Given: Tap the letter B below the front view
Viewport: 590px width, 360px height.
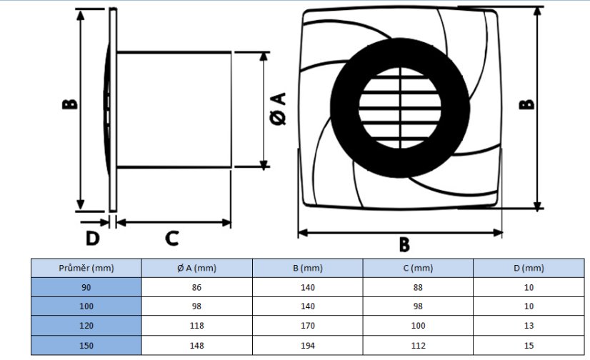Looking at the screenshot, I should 404,245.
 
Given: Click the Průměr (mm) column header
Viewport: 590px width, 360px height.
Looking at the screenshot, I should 86,268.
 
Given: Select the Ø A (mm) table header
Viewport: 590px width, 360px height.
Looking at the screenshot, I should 196,268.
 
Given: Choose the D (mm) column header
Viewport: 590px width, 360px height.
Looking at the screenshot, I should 528,268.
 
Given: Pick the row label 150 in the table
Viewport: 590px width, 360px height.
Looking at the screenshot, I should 86,346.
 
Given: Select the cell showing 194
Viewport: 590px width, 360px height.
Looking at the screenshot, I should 308,346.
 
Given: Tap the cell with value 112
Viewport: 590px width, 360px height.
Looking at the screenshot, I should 418,346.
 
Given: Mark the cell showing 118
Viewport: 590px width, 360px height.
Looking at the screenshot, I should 197,326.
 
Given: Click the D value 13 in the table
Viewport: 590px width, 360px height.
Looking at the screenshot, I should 528,326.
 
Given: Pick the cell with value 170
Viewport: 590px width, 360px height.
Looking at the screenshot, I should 308,326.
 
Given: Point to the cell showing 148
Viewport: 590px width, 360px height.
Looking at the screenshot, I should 197,346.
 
